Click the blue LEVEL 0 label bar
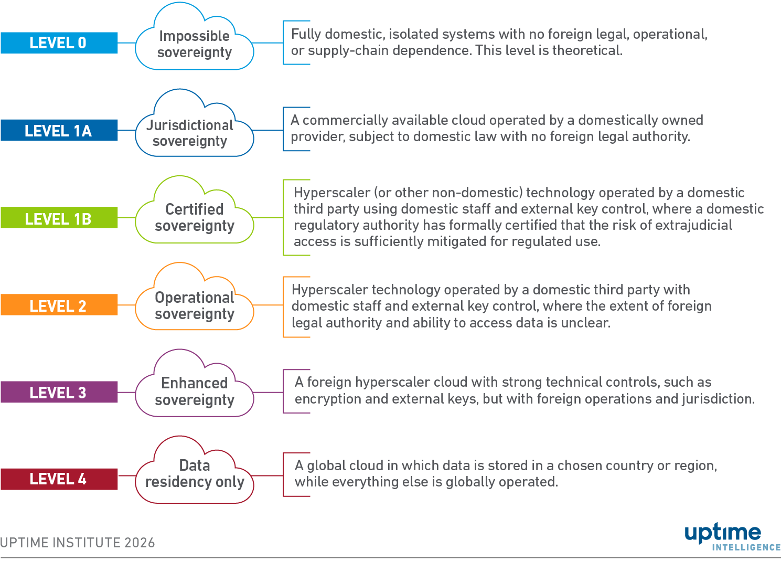coord(59,43)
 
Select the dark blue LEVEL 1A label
coord(59,131)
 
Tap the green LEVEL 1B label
coord(59,218)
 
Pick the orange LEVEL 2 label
coord(59,305)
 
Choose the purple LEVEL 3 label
coord(59,392)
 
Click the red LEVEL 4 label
coord(59,479)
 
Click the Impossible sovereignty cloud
coord(195,45)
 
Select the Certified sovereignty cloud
coord(195,218)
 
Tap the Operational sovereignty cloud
coord(195,305)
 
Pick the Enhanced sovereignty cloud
coord(195,391)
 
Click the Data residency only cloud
coord(195,474)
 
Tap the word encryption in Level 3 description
coord(328,399)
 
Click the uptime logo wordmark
coord(723,533)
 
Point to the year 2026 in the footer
coord(140,543)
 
